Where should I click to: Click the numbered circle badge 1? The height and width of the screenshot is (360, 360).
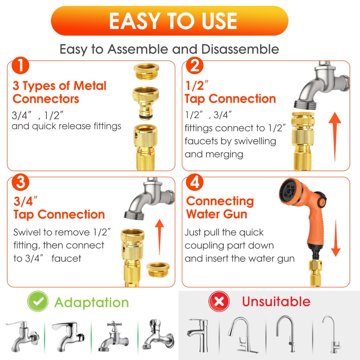point(20,65)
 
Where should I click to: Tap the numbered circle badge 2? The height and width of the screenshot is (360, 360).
point(195,65)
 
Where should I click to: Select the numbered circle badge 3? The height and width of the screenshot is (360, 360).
point(20,182)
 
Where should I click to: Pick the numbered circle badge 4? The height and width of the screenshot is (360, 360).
point(195,182)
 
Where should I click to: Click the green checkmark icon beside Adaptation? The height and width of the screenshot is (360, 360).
point(38,301)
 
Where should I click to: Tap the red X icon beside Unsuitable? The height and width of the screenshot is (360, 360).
point(219,301)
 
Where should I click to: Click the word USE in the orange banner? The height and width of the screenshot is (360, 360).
point(219,21)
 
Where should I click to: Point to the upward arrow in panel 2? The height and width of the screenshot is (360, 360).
point(335,137)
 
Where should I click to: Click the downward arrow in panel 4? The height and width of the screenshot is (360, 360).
point(336,238)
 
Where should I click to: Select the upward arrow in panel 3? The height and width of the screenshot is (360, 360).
point(160,237)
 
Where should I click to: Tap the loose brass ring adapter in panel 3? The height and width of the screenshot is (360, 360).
point(158,270)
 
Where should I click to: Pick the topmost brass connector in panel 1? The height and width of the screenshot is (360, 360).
point(147,71)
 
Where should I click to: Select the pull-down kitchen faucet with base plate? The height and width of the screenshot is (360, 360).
point(241,335)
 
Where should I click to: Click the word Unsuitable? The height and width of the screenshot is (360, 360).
point(276,301)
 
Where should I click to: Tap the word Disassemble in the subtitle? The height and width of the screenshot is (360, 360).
point(240,49)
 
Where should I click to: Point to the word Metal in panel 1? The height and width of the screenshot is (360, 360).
point(90,86)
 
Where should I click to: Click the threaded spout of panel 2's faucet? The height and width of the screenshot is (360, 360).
point(305,104)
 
